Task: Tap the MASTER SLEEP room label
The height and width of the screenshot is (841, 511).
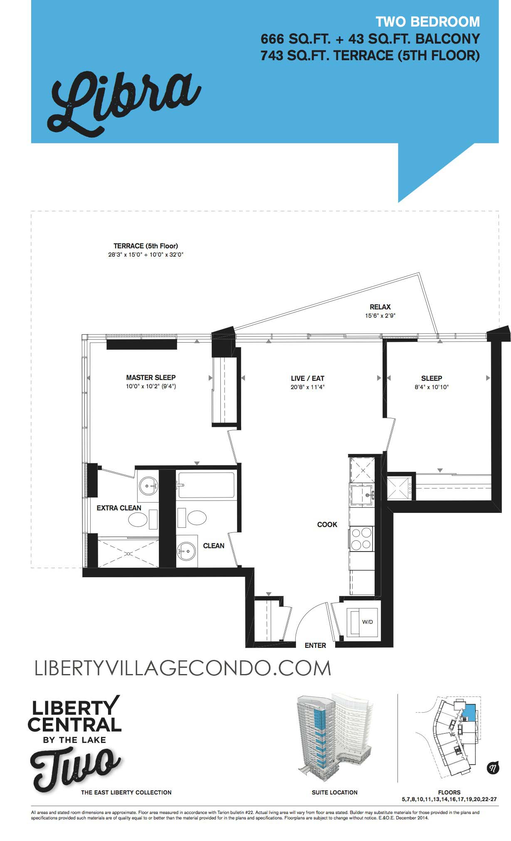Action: [151, 378]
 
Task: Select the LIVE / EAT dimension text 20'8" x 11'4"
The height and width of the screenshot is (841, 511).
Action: [307, 387]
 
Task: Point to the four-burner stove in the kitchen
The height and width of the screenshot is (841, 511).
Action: [361, 538]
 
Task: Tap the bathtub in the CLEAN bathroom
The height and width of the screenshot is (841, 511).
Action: [206, 485]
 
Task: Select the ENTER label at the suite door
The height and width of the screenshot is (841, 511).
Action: [315, 645]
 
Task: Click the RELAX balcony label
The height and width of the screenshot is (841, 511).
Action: [380, 307]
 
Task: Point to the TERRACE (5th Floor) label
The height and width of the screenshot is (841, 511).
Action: [146, 246]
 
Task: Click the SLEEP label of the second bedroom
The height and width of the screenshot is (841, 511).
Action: [431, 378]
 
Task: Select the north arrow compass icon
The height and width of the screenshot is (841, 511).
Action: [492, 768]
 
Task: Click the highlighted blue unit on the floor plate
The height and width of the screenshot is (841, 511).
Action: [470, 713]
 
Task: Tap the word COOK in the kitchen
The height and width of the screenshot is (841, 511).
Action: [327, 525]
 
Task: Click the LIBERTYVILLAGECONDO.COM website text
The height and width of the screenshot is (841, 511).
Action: [183, 668]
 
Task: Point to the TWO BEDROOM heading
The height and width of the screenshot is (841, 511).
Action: [427, 22]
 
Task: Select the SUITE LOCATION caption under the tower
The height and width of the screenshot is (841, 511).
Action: [334, 792]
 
